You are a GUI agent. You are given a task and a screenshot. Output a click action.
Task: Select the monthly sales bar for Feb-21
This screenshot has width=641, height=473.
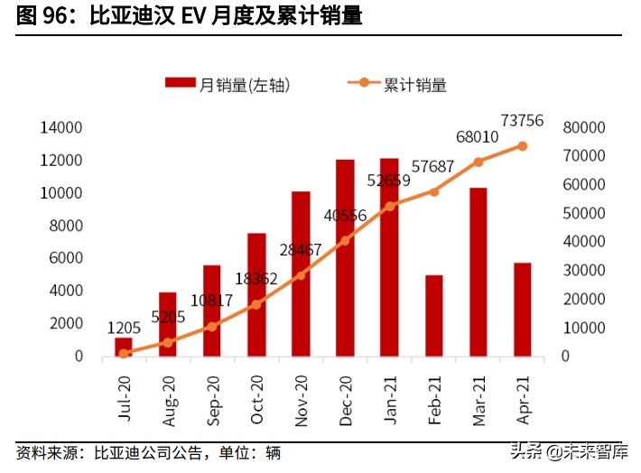[433, 315]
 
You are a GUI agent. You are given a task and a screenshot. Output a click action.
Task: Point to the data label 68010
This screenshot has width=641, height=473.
[478, 138]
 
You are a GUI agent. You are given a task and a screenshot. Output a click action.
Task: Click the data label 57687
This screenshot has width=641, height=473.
[433, 167]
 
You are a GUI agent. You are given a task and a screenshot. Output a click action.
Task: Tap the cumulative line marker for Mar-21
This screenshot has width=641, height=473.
[478, 162]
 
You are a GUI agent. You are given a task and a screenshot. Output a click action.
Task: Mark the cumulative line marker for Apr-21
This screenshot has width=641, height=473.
[522, 145]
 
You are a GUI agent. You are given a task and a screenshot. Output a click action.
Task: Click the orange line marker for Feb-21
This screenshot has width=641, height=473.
[434, 191]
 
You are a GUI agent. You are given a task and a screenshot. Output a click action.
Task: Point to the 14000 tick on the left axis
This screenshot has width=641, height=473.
[61, 128]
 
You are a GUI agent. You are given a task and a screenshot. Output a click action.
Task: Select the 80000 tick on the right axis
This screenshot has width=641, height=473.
[579, 128]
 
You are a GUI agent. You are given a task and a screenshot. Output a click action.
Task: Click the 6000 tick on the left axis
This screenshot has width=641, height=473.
[65, 258]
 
